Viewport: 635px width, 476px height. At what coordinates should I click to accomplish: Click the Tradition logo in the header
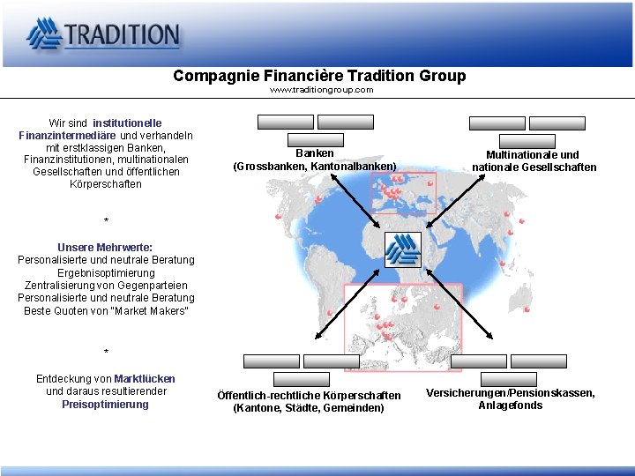click(103, 34)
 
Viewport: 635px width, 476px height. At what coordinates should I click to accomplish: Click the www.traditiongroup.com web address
click(321, 90)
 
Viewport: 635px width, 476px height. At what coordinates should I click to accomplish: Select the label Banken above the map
click(315, 153)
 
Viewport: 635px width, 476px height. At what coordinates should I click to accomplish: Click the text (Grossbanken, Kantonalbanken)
click(315, 167)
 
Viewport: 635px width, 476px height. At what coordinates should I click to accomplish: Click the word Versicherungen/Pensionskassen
click(509, 393)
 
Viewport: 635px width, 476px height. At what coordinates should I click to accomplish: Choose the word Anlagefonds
click(511, 405)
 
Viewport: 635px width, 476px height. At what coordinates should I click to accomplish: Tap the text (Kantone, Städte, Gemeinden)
click(309, 408)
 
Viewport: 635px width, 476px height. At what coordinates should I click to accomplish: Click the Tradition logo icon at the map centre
click(404, 249)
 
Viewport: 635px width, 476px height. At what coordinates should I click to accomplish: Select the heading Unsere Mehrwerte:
click(105, 248)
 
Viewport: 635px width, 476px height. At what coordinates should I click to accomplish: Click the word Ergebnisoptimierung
click(106, 273)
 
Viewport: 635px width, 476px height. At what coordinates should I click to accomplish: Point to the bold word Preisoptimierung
click(106, 405)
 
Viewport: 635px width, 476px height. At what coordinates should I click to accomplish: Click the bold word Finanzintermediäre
click(68, 135)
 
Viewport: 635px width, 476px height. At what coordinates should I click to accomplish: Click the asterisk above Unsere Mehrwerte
click(106, 220)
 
